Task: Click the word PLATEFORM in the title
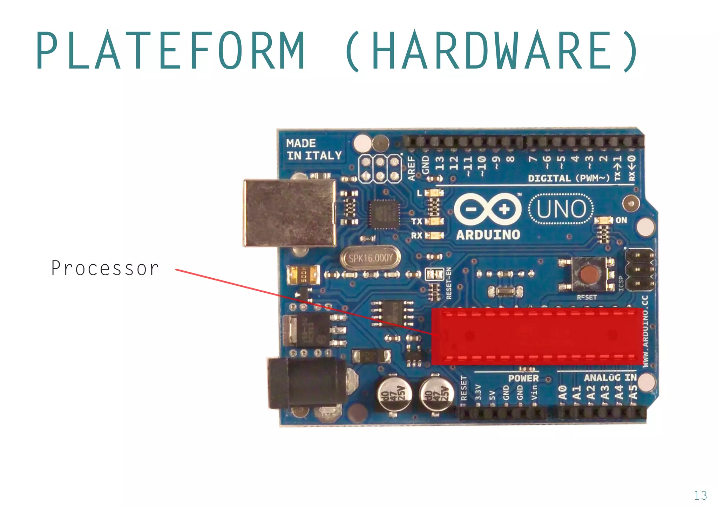(170, 50)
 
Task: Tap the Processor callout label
(105, 268)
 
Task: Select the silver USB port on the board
(290, 213)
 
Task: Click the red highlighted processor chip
(536, 336)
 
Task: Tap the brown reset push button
(589, 275)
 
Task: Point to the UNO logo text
(561, 209)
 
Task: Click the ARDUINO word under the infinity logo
(488, 235)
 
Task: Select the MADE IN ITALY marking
(314, 150)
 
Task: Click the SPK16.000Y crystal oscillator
(371, 258)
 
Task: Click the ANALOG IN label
(610, 377)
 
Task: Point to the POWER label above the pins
(523, 378)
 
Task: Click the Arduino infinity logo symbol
(488, 209)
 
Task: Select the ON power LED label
(621, 220)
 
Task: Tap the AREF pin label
(411, 168)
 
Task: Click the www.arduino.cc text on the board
(645, 331)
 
